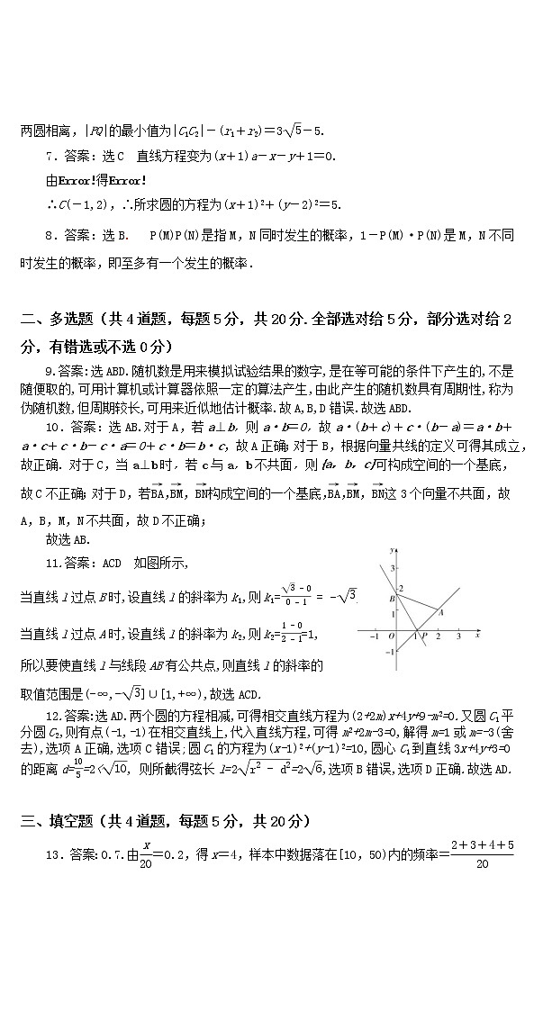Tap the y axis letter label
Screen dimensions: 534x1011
[391, 549]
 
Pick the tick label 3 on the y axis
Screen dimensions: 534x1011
[393, 568]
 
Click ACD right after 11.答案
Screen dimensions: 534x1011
[110, 564]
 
